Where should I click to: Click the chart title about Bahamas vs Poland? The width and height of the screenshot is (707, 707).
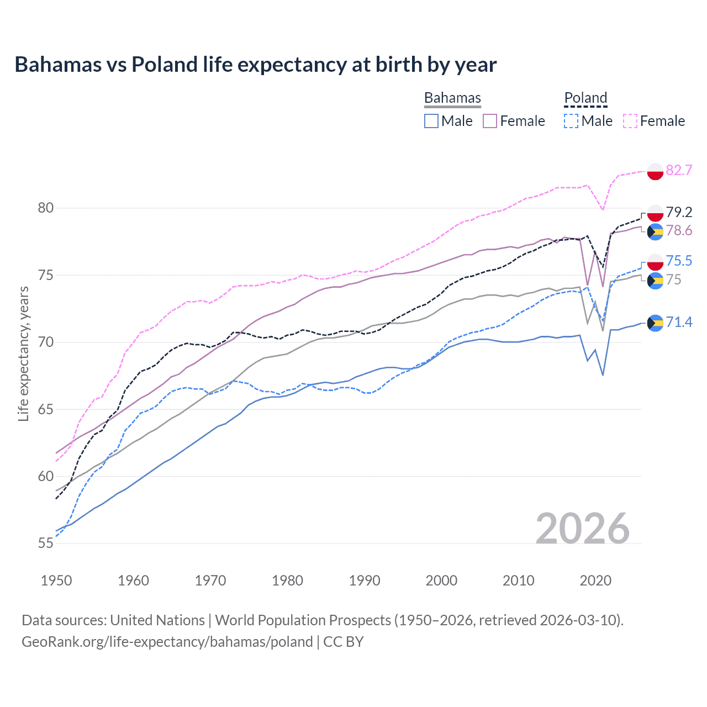click(x=255, y=65)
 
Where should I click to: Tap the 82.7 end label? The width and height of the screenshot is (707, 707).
click(x=679, y=170)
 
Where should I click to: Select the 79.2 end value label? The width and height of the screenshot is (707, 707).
click(x=679, y=212)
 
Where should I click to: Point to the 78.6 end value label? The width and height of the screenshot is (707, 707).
click(x=679, y=230)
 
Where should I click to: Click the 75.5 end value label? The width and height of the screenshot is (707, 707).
click(x=679, y=261)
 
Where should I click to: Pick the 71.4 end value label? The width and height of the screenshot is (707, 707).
click(x=679, y=322)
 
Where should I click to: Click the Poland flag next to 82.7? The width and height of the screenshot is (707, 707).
click(x=655, y=171)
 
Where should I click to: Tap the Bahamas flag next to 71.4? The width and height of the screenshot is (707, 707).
click(x=655, y=323)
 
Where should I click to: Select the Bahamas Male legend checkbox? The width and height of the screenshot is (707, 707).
click(x=431, y=121)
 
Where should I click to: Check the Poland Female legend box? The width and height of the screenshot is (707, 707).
click(x=630, y=121)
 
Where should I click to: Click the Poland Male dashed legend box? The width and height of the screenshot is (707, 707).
click(x=571, y=121)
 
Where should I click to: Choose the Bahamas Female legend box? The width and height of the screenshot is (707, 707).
click(x=490, y=121)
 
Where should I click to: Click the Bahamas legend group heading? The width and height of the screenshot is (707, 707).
click(x=452, y=98)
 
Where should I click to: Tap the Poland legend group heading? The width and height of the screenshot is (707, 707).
click(x=585, y=98)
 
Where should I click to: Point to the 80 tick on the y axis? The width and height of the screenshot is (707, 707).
click(x=46, y=208)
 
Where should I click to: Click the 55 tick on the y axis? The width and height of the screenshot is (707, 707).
click(x=46, y=544)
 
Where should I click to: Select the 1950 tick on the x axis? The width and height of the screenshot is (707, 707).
click(x=56, y=581)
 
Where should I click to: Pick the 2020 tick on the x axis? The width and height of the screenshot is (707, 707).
click(x=595, y=581)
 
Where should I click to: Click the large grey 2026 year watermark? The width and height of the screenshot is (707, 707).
click(x=582, y=529)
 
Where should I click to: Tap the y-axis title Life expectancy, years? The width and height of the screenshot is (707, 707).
click(x=23, y=353)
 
